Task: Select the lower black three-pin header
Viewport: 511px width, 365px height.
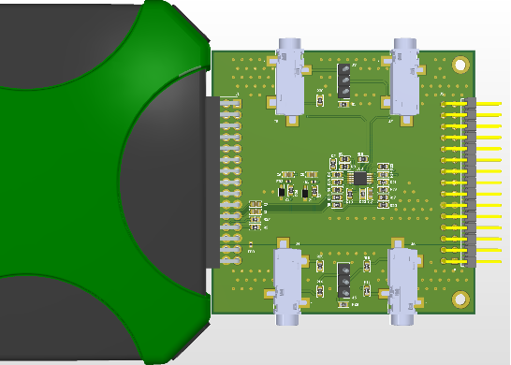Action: (343, 276)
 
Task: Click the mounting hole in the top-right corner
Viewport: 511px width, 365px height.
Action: (460, 65)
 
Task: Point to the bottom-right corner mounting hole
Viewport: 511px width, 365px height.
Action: (460, 299)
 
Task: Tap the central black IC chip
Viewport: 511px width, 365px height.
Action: (359, 177)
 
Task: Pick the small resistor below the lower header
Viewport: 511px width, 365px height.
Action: (343, 301)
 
